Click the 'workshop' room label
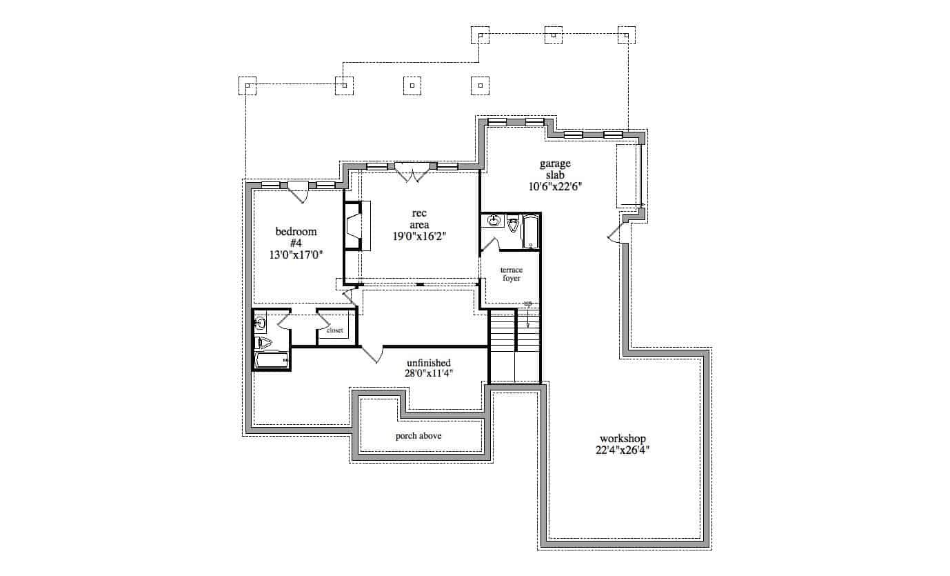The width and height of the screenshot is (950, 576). coord(622,439)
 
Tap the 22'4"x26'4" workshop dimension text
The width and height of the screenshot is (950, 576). coord(622,450)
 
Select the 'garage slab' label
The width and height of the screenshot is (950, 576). coord(555,169)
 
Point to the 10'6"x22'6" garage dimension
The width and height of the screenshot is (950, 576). coord(555,186)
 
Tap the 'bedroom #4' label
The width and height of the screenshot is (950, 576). coord(296,237)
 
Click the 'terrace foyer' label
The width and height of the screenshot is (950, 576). coord(510,274)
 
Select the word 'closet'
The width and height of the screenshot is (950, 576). coord(334,330)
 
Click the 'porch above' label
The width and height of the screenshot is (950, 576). coord(418,436)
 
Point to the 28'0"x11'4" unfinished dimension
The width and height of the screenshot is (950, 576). coord(428,374)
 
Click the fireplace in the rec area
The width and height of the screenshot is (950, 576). coord(354,226)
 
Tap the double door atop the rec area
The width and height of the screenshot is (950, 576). coord(412,172)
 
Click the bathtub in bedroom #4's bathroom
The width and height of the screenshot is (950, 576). coord(271,359)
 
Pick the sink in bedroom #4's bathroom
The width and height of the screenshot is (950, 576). coord(261,322)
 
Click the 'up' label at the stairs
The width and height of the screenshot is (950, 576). coord(527,304)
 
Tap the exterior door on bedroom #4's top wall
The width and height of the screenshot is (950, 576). coord(298,191)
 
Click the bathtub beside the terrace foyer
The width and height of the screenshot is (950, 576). coord(531,232)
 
